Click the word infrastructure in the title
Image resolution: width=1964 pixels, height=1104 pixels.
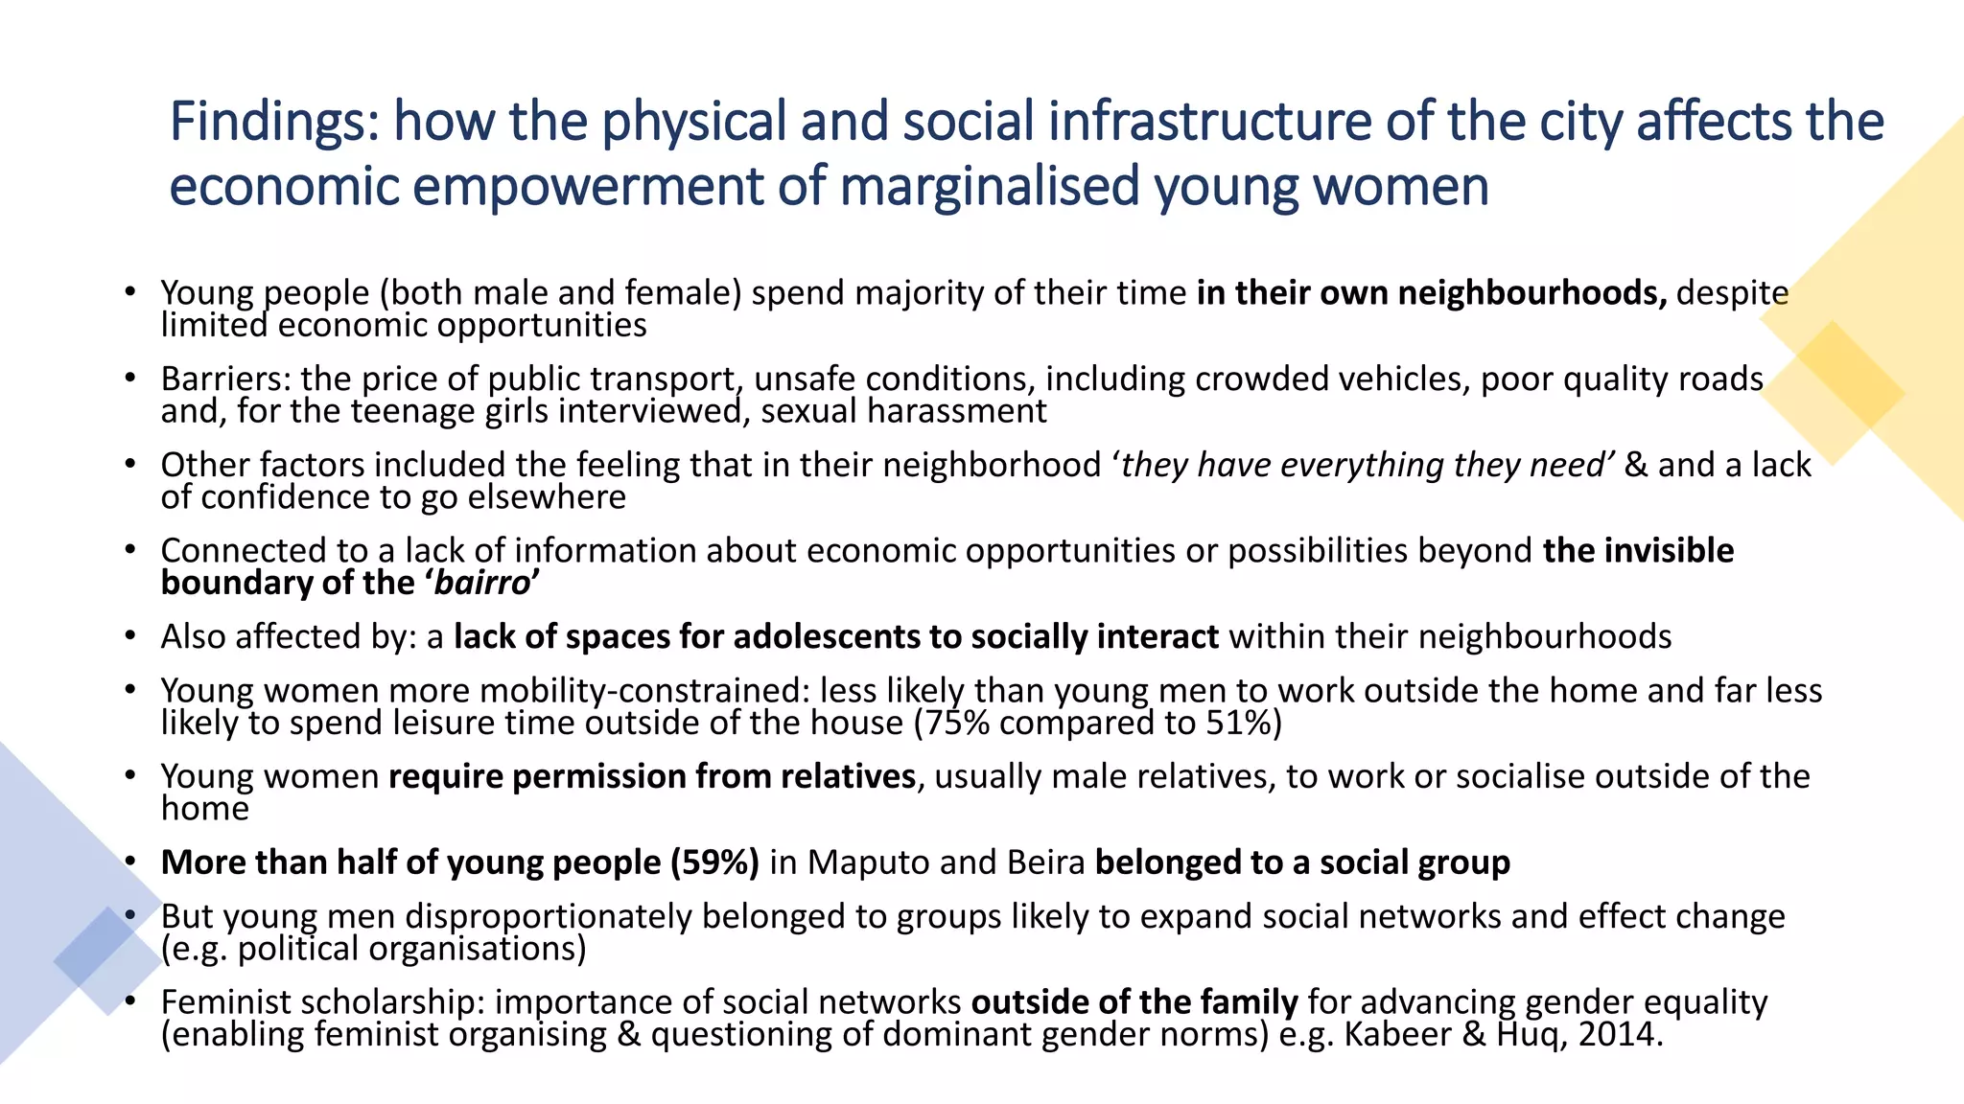1209,122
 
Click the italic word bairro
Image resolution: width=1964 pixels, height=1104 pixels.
482,583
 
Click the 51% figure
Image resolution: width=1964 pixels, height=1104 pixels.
1239,723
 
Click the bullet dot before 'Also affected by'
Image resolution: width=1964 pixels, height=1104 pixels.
129,636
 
